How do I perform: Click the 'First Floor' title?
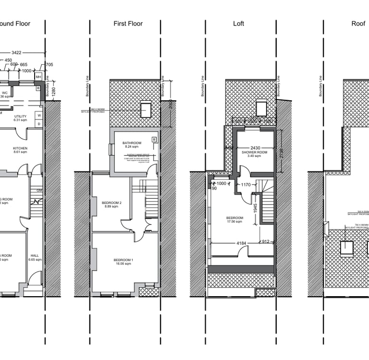(x=128, y=24)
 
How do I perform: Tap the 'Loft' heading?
(x=238, y=24)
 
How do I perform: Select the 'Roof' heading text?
(x=358, y=24)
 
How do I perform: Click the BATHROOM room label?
(x=132, y=143)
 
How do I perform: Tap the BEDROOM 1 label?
(x=123, y=260)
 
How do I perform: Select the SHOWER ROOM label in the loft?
(x=254, y=152)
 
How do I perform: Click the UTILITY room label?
(x=20, y=116)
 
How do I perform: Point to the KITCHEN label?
(x=20, y=148)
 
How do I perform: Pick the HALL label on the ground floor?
(x=35, y=255)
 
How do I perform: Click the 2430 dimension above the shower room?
(x=256, y=147)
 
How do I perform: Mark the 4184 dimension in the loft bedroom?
(x=241, y=243)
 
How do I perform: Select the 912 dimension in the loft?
(x=265, y=242)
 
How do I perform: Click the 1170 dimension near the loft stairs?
(x=246, y=184)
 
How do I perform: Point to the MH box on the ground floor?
(x=38, y=76)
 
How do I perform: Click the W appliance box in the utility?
(x=38, y=115)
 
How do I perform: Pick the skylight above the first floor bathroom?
(x=146, y=108)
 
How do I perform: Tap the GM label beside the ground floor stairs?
(x=39, y=190)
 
